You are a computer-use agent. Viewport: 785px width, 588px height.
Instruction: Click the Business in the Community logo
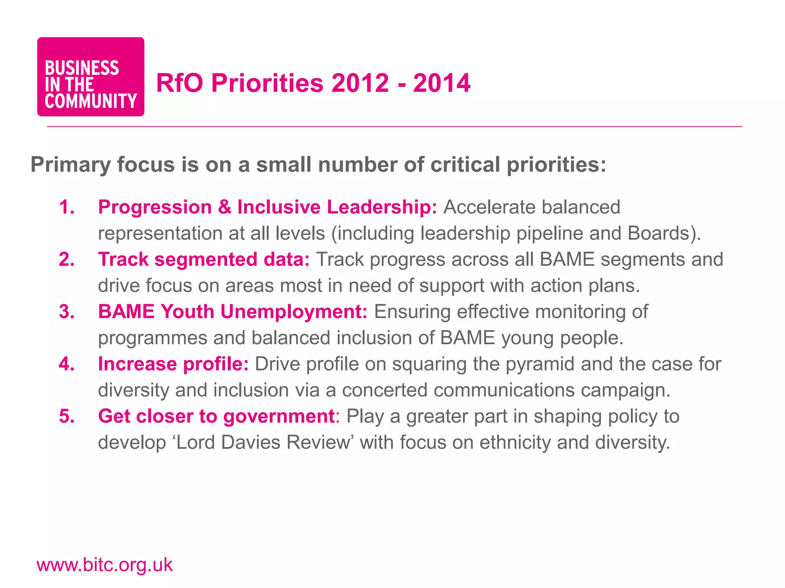click(90, 77)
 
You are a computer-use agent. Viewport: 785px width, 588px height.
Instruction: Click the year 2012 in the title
click(360, 83)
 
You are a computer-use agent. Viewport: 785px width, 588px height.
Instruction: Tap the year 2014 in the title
click(442, 83)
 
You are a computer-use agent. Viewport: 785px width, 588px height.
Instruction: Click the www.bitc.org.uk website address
click(104, 565)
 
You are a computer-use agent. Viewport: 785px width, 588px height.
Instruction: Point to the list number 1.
click(67, 207)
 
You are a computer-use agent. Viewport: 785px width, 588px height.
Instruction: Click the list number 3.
click(67, 312)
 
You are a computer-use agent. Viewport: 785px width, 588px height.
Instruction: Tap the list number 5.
click(67, 416)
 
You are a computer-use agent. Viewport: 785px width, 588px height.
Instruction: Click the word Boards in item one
click(659, 233)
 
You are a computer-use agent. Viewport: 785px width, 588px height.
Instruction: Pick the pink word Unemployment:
click(294, 312)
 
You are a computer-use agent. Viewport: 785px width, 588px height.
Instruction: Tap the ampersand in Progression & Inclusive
click(225, 207)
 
